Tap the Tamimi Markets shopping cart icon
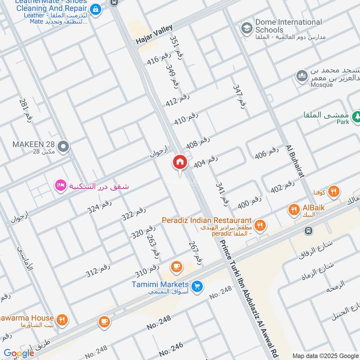tap(196, 286)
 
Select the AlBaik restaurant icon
tap(294, 209)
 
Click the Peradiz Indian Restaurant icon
tap(259, 225)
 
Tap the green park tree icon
tap(356, 117)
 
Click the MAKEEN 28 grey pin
tap(64, 146)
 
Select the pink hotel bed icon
tap(60, 185)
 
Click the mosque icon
tap(301, 76)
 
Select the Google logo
tap(18, 353)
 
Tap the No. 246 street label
tap(171, 349)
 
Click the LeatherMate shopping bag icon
tap(95, 9)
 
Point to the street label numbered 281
tap(26, 110)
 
